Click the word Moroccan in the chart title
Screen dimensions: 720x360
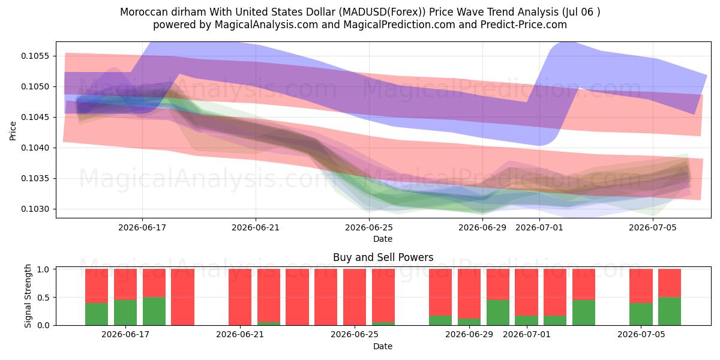(x=141, y=12)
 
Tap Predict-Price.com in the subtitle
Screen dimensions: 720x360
(x=523, y=25)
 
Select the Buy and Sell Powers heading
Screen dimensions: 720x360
(x=383, y=257)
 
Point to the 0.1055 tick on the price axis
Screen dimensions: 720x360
(x=35, y=56)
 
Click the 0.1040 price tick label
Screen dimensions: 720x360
(x=35, y=148)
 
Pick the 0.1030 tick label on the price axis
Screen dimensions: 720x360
(x=35, y=209)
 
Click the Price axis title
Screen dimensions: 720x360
(x=13, y=131)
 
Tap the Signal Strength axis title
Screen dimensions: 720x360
(x=28, y=296)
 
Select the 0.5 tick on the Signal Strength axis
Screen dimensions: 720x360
(x=43, y=298)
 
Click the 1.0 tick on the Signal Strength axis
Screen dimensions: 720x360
(x=43, y=269)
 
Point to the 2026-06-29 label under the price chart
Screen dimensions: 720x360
(x=482, y=227)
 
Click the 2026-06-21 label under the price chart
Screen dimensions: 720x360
(x=256, y=227)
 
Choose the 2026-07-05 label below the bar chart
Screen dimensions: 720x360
(x=641, y=334)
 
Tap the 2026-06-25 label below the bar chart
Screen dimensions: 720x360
(x=355, y=334)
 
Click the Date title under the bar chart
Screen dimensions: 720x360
(x=383, y=346)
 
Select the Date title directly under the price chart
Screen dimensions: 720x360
(x=383, y=239)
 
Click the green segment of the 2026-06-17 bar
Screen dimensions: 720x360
(x=125, y=313)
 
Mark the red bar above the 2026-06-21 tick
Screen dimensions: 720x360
(x=240, y=297)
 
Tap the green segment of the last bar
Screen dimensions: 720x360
(x=670, y=311)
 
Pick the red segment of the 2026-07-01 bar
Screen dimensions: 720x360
(x=527, y=293)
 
